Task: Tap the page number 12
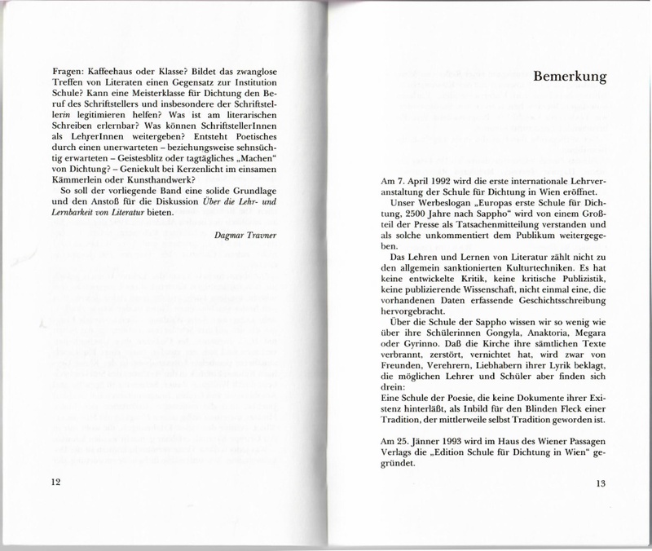pyautogui.click(x=55, y=483)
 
